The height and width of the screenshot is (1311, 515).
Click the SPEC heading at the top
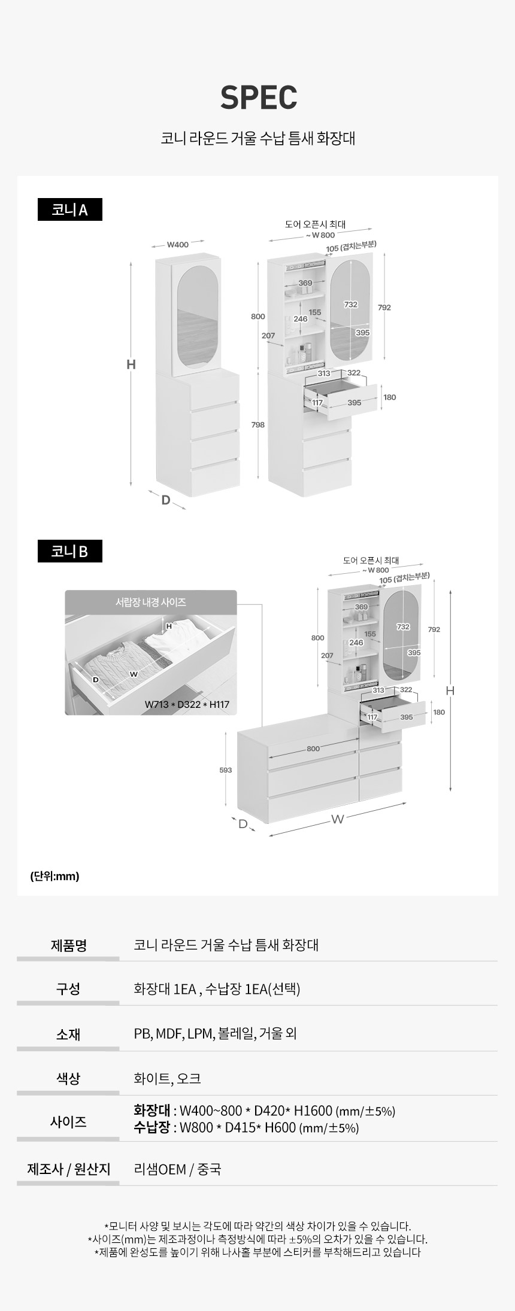[x=259, y=97]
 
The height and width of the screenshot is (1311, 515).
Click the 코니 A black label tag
[x=70, y=209]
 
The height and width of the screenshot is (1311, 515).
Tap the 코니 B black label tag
[x=70, y=551]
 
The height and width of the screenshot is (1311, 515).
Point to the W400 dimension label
[x=177, y=245]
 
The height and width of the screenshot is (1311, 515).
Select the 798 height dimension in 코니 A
[x=258, y=425]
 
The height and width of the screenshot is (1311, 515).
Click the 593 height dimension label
[x=226, y=770]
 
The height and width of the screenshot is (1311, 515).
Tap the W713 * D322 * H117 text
[x=187, y=704]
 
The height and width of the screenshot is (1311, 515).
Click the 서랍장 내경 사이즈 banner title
[x=151, y=603]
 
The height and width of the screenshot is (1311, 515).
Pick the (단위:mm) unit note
[x=54, y=876]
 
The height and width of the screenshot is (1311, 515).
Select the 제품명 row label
[x=68, y=945]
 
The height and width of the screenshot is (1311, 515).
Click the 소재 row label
[x=68, y=1034]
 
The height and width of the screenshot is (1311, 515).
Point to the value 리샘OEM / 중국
[x=177, y=1169]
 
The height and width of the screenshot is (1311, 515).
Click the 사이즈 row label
[x=68, y=1122]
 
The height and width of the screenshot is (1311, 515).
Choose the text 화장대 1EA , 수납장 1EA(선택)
[x=217, y=989]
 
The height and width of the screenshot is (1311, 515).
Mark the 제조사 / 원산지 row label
[x=68, y=1169]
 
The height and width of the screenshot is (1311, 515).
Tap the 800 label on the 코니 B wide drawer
[x=313, y=749]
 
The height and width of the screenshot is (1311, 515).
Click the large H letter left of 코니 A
[x=131, y=364]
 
